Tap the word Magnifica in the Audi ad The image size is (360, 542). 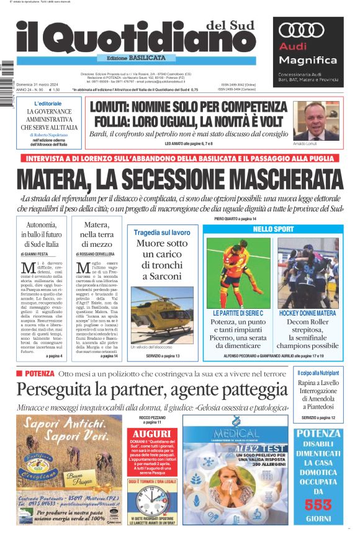307,60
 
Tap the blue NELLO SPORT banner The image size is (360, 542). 273,229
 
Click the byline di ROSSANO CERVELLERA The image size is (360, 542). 97,254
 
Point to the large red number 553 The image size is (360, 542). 318,505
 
